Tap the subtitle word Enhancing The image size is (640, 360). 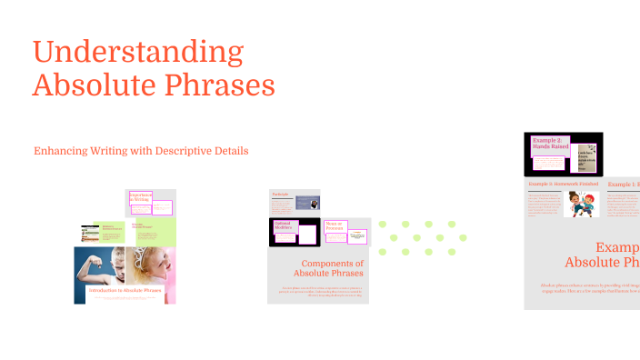coord(60,150)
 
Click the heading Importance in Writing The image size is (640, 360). coord(141,197)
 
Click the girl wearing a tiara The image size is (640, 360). coord(155,264)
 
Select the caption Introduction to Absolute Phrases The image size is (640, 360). coord(125,291)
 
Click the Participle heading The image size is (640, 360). coord(279,195)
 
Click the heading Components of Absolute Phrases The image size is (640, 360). coord(319,268)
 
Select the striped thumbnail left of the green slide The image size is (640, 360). coord(88,233)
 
